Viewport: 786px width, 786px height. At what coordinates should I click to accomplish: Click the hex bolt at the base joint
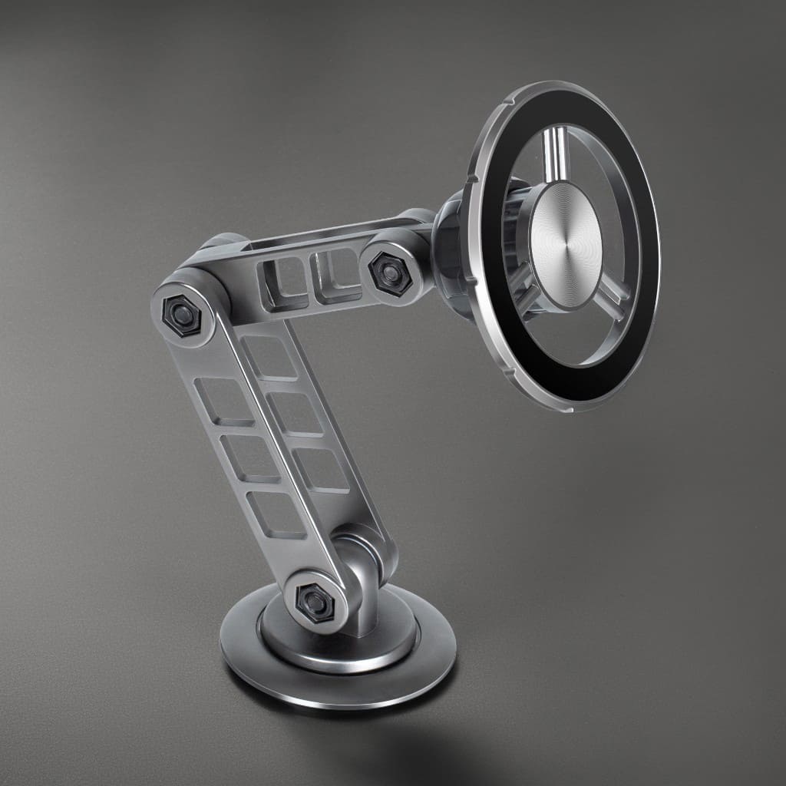click(314, 598)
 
